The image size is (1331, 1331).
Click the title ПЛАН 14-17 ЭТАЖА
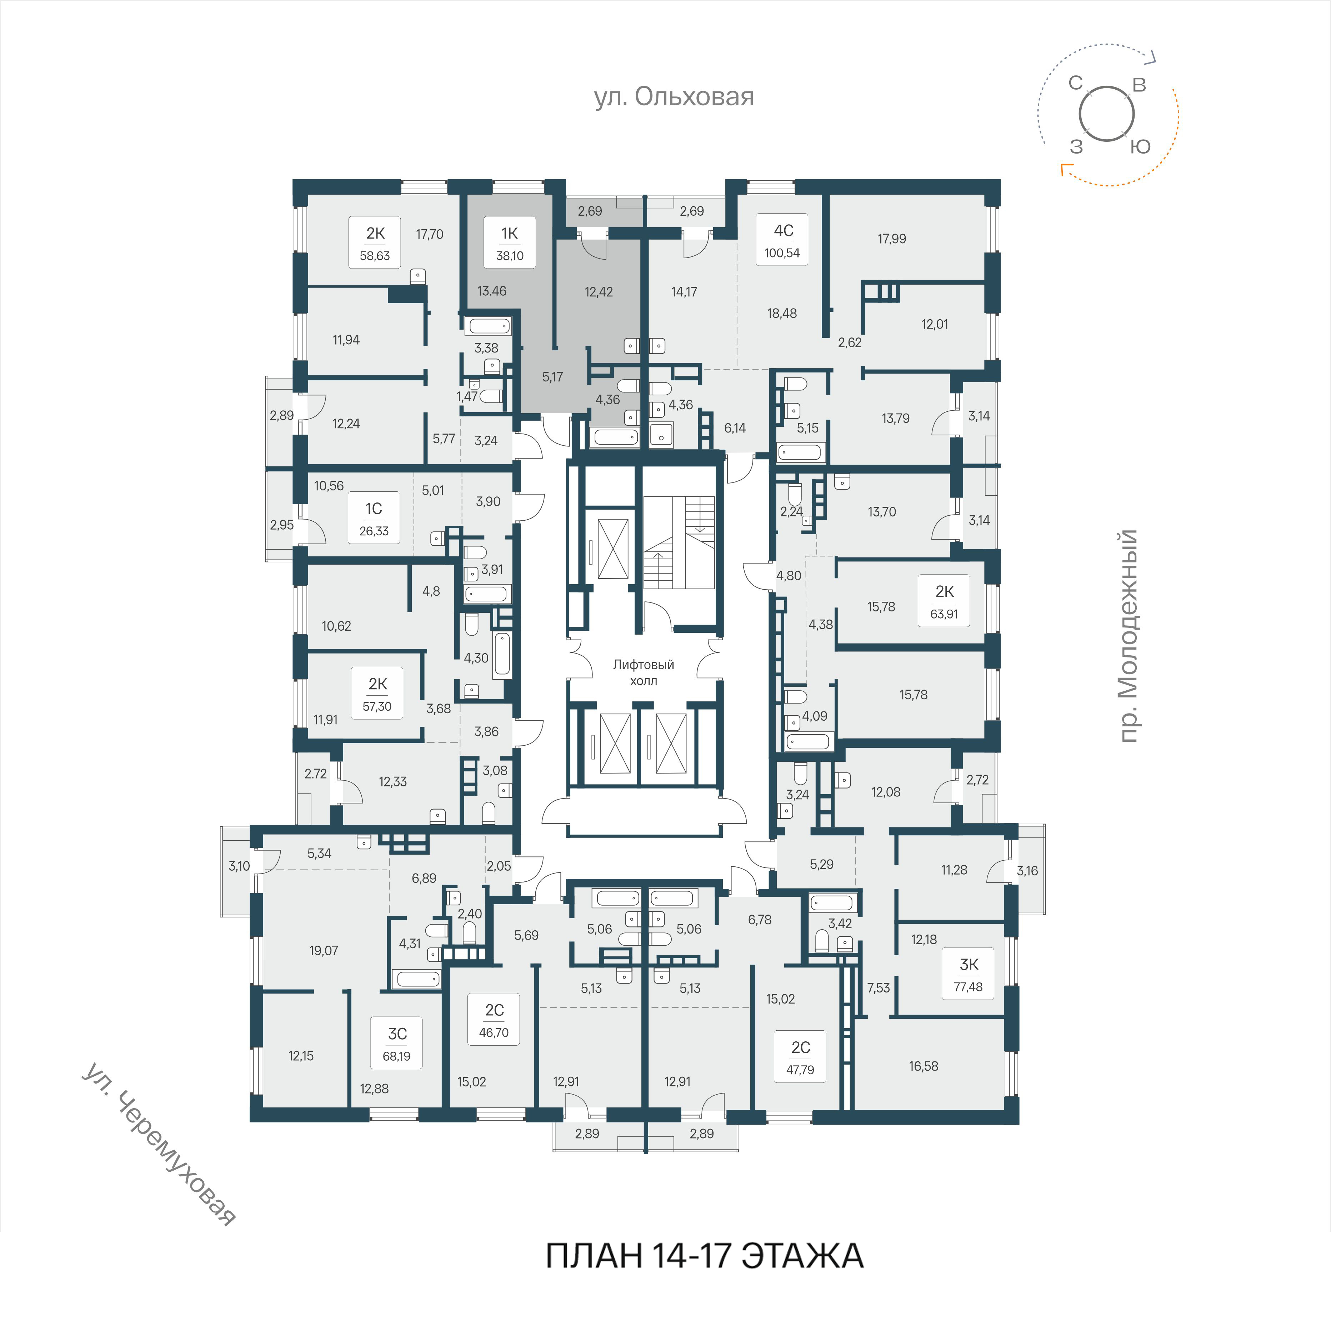coord(704,1255)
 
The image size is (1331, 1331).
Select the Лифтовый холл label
coord(644,672)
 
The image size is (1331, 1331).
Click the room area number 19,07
coord(324,951)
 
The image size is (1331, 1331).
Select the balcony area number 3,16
coord(1027,871)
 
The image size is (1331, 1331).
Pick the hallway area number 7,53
coord(879,988)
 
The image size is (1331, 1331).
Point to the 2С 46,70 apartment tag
coord(494,1020)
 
